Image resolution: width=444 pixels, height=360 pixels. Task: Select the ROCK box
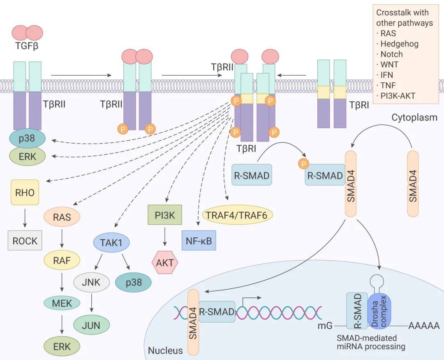(25, 241)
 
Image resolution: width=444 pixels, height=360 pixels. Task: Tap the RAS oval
(62, 217)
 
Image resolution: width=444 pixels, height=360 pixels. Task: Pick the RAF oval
(62, 260)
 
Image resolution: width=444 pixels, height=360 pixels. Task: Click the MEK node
(62, 304)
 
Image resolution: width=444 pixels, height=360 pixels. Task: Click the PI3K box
(164, 214)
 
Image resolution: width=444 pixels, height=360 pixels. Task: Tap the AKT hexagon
(164, 262)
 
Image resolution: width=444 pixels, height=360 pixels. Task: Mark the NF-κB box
(199, 241)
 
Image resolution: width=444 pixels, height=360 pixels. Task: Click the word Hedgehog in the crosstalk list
(399, 44)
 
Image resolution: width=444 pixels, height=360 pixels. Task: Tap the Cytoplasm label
(414, 118)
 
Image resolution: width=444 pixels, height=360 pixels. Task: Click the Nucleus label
(165, 351)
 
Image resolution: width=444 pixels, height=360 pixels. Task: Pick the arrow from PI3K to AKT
(164, 238)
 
